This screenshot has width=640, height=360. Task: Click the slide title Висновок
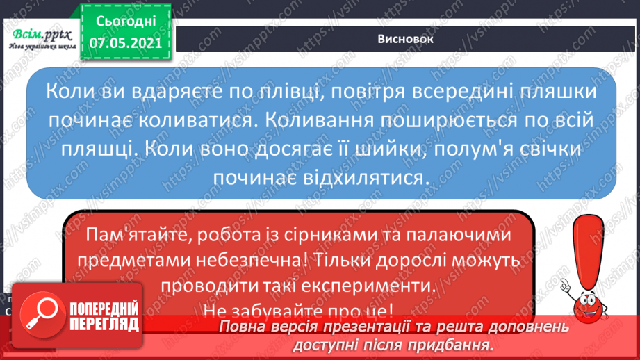(405, 39)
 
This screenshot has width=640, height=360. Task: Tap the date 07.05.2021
(126, 43)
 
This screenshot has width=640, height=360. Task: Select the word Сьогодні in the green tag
(126, 22)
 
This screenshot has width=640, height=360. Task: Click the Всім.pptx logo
(42, 39)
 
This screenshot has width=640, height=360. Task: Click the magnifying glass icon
(42, 314)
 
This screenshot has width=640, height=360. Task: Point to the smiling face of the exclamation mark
(589, 305)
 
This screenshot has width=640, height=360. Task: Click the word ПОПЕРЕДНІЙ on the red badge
(104, 309)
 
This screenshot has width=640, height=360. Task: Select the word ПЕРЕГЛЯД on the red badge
(104, 325)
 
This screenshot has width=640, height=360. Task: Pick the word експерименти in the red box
(371, 286)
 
